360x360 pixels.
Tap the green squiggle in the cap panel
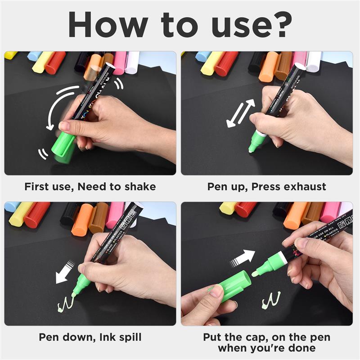pyautogui.click(x=271, y=299)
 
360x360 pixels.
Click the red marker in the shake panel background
pyautogui.click(x=55, y=63)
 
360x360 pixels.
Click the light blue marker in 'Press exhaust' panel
pyautogui.click(x=203, y=56)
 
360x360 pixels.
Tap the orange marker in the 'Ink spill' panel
pyautogui.click(x=82, y=219)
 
